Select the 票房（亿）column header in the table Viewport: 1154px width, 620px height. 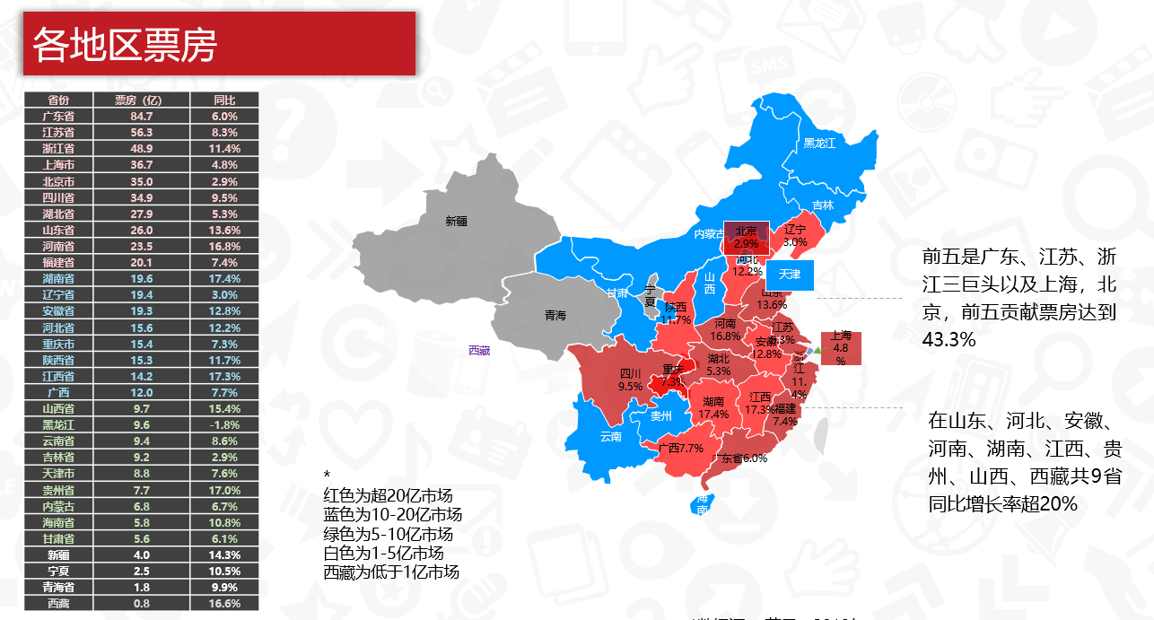coord(139,100)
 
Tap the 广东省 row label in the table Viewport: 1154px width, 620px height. coord(57,116)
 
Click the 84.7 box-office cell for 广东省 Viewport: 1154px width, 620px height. coord(141,116)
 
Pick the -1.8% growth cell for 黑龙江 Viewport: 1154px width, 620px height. coord(223,424)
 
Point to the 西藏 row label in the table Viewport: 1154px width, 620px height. coord(57,603)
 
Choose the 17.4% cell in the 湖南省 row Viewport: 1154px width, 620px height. coord(223,278)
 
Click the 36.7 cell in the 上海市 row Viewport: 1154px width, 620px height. coord(141,164)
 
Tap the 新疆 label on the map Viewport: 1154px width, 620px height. coord(457,221)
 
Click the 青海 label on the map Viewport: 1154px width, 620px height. coord(555,316)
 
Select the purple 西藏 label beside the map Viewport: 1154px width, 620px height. coord(479,350)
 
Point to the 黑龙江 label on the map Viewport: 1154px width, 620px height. coord(819,143)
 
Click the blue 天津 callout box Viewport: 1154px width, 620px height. coord(790,274)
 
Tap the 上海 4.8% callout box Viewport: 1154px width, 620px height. coord(841,348)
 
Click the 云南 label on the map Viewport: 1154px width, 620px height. coord(610,437)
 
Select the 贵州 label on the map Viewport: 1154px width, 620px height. coord(660,415)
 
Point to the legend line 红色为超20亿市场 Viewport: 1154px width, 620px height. coord(388,495)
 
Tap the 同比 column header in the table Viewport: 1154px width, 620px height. coord(223,100)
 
